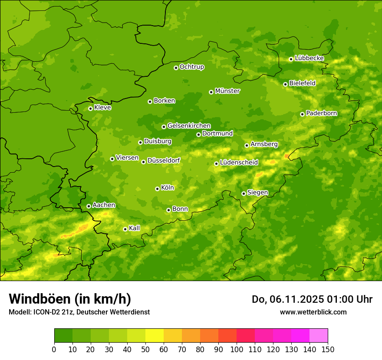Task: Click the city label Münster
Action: coord(227,91)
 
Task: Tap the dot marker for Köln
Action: coord(157,189)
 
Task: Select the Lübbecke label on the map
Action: coord(309,58)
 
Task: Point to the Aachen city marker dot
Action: coord(89,206)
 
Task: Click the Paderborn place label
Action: coord(321,113)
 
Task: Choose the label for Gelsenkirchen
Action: coord(189,126)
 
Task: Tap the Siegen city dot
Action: coord(244,193)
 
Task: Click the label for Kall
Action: coord(135,228)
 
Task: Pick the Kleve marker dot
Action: coord(90,108)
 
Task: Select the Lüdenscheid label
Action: coord(239,163)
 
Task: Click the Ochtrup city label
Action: coord(191,67)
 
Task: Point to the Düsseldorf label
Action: coord(164,160)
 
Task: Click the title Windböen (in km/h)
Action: coord(70,299)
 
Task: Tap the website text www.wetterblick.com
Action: coord(313,312)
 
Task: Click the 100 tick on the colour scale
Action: coord(237,350)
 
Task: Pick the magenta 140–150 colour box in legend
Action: coord(319,336)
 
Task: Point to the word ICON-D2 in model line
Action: coord(46,312)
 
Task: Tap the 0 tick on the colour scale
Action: coord(54,350)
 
